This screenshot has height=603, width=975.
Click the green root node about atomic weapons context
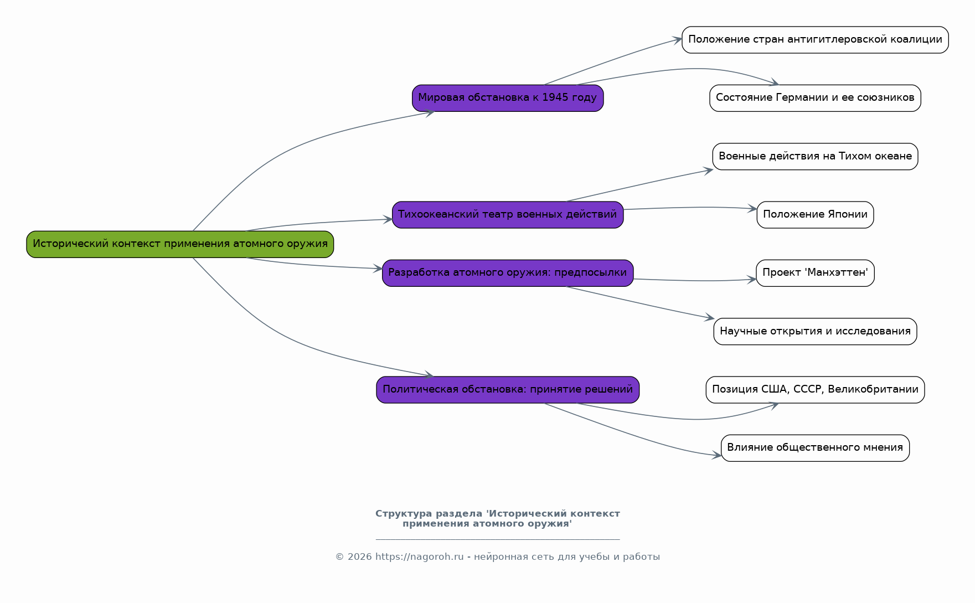coord(180,244)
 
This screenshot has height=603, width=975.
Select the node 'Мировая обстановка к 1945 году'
coord(508,98)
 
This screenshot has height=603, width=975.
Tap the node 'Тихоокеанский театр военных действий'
coord(508,215)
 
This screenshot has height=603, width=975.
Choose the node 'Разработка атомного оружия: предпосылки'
coord(508,273)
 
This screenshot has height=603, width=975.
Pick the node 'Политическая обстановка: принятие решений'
coord(508,390)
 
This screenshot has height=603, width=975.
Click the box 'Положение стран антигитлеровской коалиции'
coord(815,40)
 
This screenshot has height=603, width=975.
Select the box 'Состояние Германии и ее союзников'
coord(815,98)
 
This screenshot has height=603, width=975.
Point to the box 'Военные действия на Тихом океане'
coord(815,157)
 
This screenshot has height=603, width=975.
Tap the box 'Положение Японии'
coord(815,215)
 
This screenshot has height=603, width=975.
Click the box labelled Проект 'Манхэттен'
coord(815,273)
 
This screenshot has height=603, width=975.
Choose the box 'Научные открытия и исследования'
coord(815,332)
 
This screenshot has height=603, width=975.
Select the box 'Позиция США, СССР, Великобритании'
coord(815,390)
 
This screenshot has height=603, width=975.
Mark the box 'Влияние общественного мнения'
coord(815,448)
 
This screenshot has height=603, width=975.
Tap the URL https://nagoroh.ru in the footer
coord(420,557)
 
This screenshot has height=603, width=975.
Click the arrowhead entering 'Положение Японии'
coord(752,209)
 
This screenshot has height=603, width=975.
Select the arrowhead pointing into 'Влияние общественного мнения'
coord(717,456)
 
